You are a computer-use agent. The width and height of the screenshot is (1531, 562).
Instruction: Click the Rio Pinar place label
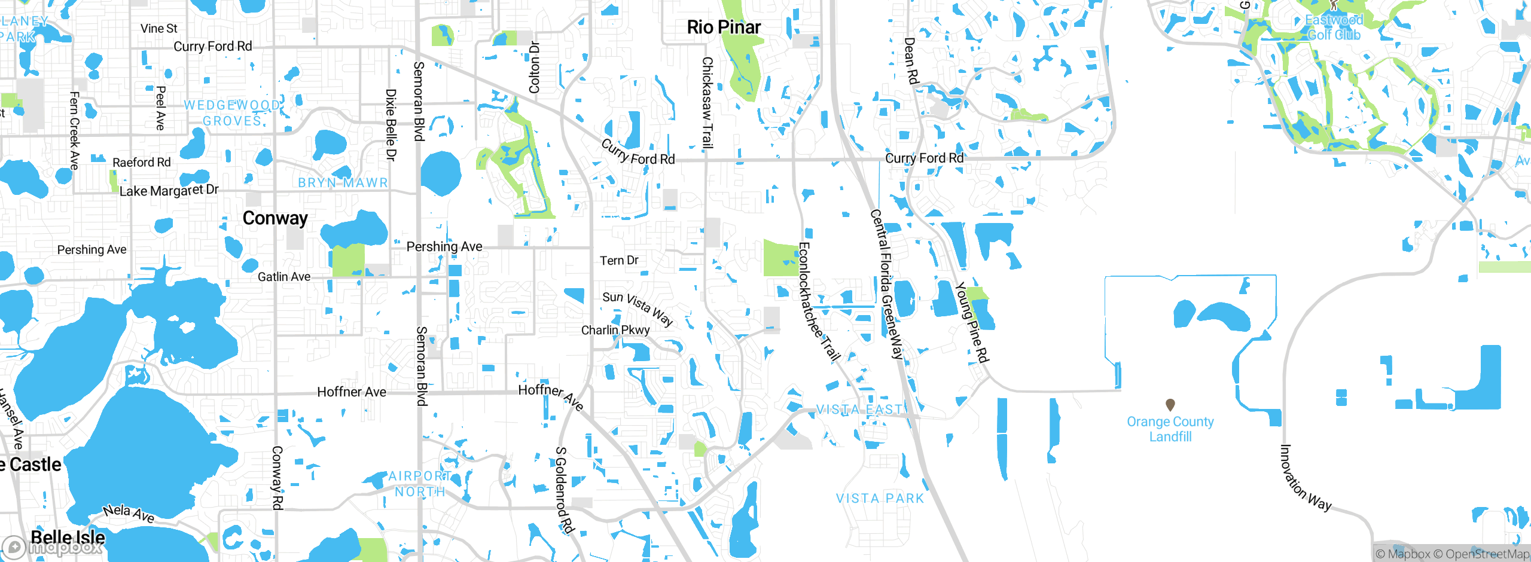(x=724, y=28)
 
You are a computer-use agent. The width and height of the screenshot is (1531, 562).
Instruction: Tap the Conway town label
(x=275, y=218)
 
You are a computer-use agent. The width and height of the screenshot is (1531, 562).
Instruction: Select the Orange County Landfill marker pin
(x=1170, y=405)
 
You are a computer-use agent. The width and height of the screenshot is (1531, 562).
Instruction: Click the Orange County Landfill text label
(x=1170, y=429)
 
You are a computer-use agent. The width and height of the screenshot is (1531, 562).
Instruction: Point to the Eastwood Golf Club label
(x=1334, y=28)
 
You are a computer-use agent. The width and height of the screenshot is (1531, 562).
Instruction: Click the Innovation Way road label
(x=1304, y=479)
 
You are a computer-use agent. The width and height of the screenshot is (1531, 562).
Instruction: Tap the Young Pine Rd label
(x=972, y=323)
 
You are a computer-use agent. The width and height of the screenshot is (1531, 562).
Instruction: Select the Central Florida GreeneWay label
(x=886, y=283)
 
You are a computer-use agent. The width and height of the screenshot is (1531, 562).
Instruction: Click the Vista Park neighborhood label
(x=880, y=499)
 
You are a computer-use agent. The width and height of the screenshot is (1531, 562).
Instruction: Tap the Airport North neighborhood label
(x=420, y=484)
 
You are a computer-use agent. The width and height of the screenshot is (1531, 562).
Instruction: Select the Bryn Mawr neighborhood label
(x=343, y=182)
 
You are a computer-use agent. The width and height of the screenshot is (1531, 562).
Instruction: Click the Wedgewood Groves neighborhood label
(x=232, y=113)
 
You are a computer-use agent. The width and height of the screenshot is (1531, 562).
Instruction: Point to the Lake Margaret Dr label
(x=169, y=191)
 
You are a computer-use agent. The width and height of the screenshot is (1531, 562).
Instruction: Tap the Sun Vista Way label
(x=638, y=307)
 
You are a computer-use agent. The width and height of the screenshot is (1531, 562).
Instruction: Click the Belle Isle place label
(x=68, y=537)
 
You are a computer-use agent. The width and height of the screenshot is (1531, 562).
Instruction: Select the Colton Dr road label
(x=534, y=67)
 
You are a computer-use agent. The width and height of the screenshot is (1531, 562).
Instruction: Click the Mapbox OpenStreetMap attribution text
(x=1452, y=554)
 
